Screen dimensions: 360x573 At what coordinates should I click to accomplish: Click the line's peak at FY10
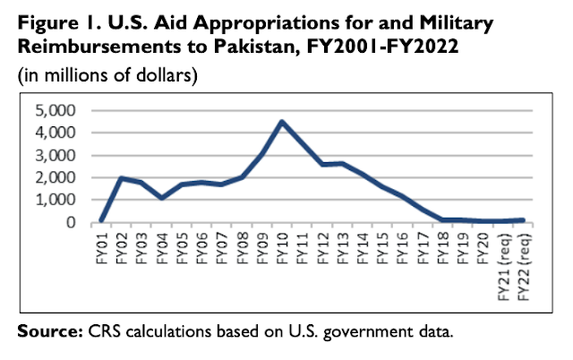point(282,122)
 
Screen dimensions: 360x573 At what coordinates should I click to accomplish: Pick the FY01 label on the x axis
point(100,245)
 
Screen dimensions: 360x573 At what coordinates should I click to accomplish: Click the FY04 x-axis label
point(161,245)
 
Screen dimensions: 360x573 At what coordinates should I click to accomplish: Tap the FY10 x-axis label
point(282,245)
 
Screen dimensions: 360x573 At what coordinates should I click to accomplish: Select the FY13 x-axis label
point(342,245)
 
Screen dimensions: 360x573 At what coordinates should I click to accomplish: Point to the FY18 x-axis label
point(443,245)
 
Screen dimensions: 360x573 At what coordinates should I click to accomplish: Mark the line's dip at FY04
point(161,198)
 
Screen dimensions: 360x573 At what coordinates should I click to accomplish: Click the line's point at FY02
point(121,178)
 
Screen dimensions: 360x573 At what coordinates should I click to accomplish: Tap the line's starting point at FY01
point(100,220)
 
